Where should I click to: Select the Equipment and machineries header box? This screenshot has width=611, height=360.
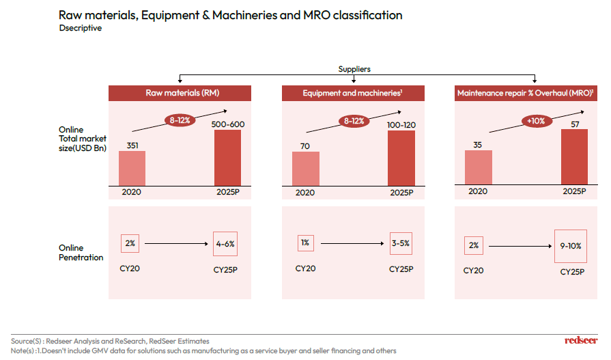point(353,93)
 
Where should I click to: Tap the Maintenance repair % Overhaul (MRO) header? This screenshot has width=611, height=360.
point(525,93)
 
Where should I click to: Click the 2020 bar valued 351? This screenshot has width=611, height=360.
point(132,168)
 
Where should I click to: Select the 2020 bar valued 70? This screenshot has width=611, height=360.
point(305,168)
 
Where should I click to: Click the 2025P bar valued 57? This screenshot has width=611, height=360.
point(574,157)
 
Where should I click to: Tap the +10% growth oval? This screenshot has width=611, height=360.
point(535,121)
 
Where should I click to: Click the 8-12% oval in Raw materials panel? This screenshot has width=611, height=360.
point(181,120)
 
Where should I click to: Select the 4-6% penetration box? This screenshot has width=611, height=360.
point(226,243)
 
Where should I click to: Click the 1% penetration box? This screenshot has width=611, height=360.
point(305,243)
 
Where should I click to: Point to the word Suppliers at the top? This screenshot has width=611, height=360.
point(354,69)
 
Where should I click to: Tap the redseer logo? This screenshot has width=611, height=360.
point(581,340)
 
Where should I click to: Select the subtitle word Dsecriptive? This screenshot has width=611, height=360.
point(81,29)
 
